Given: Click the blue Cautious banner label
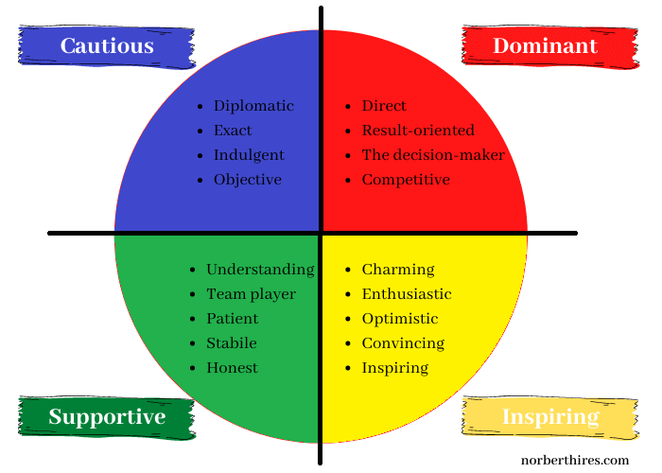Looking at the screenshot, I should [107, 45].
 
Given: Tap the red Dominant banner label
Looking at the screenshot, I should [545, 45].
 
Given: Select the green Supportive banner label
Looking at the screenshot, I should [107, 417].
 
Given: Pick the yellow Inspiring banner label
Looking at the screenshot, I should [550, 417].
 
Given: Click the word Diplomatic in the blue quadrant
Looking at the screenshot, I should [253, 106].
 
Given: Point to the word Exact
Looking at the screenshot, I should [233, 131].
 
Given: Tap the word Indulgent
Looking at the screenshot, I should [249, 155].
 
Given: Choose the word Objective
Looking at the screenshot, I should [248, 180].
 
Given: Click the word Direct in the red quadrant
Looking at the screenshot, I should [384, 106].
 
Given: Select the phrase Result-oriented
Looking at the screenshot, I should [418, 131].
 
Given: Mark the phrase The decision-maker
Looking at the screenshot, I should [433, 155].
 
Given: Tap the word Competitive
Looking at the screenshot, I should [406, 180].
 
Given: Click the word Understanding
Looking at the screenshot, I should [260, 270].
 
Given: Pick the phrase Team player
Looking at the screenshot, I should [251, 294].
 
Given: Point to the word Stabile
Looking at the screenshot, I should [232, 343].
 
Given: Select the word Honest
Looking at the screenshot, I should [232, 368].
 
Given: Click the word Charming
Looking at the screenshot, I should [398, 270].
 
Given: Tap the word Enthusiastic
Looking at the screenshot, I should [407, 294].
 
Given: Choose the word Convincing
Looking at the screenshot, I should [403, 343].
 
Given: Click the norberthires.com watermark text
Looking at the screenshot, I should [579, 461].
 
